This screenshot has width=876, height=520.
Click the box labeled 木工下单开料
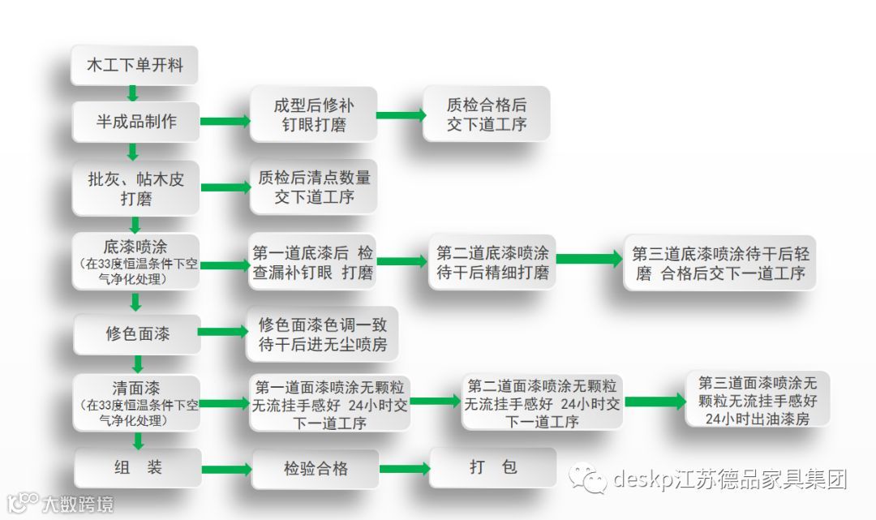[x=135, y=66]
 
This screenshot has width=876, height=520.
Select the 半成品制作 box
[x=136, y=122]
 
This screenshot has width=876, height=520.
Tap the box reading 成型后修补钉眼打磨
[x=314, y=115]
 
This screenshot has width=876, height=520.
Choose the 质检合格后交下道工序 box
[x=486, y=114]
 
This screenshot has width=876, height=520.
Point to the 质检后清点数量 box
[x=314, y=187]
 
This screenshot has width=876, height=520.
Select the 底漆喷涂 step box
[x=135, y=261]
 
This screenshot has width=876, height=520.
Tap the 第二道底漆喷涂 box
[x=492, y=261]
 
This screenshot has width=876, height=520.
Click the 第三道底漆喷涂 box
[x=720, y=262]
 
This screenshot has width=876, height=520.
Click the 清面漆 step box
[x=135, y=402]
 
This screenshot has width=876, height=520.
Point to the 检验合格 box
[x=316, y=468]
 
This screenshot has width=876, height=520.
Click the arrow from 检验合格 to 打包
[x=404, y=468]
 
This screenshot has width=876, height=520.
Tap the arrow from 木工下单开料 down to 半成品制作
[x=134, y=92]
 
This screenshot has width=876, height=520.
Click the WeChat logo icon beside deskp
[x=587, y=479]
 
